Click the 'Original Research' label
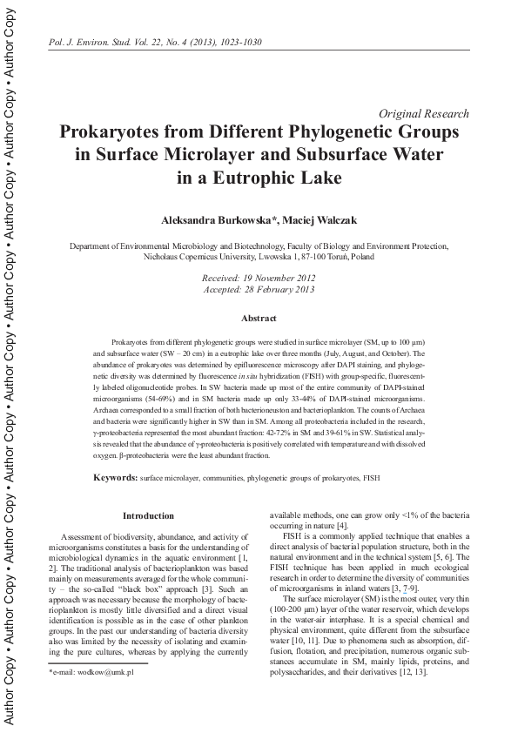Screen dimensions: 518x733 click(425, 114)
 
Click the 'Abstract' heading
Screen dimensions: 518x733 click(259, 319)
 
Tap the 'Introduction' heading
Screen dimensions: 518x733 click(148, 515)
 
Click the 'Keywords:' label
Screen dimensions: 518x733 click(115, 479)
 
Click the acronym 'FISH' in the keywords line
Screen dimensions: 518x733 click(371, 479)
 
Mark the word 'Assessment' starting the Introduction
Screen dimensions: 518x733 click(84, 533)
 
